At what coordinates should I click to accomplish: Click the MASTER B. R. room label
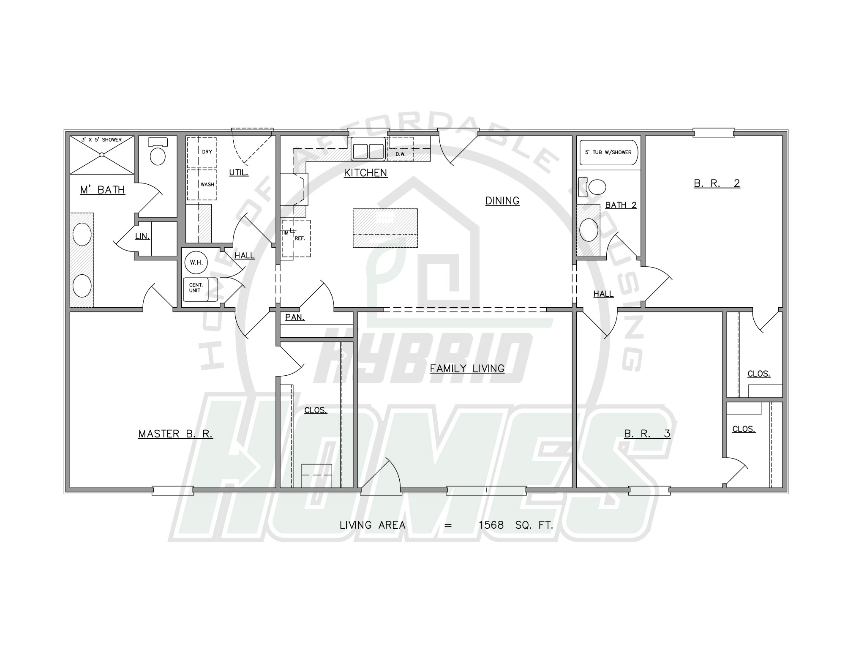tap(176, 434)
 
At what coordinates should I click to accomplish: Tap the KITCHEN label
tap(365, 173)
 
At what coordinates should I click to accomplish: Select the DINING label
tap(502, 201)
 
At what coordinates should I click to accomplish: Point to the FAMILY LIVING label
tap(467, 369)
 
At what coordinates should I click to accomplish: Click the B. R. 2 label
tap(717, 183)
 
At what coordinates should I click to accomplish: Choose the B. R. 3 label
tap(647, 434)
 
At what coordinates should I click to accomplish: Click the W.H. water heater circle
tap(196, 262)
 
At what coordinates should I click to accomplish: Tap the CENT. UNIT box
tap(200, 290)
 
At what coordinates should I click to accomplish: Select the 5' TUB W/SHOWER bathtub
tap(608, 153)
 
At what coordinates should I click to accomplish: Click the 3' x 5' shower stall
tap(102, 155)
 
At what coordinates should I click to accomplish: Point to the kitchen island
tap(385, 228)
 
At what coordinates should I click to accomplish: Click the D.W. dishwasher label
tap(401, 154)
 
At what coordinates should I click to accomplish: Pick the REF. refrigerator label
tap(300, 238)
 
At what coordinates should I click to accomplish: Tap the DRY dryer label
tap(207, 152)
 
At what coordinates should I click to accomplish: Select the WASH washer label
tap(207, 185)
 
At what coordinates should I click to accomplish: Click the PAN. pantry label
tap(295, 317)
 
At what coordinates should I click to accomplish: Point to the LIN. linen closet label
tap(142, 236)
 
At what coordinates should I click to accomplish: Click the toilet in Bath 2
tap(594, 187)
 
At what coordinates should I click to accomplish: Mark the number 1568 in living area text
tap(491, 525)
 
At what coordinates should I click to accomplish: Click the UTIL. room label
tap(239, 172)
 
